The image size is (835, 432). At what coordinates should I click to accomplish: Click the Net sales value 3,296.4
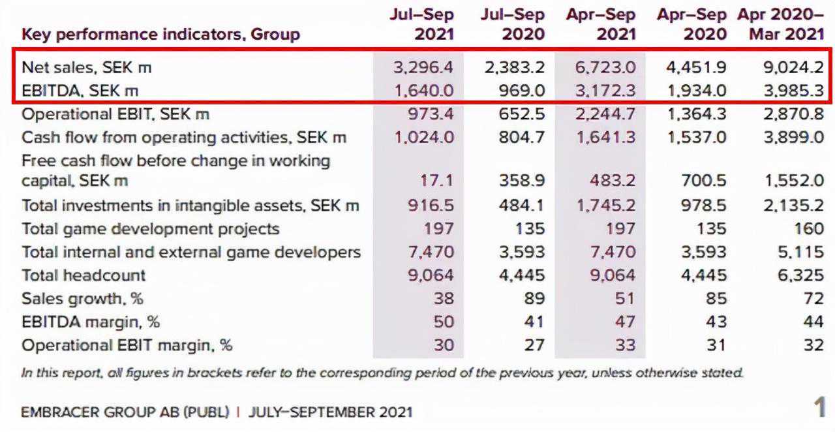[423, 67]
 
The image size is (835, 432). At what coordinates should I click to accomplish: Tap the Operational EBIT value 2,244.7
[605, 114]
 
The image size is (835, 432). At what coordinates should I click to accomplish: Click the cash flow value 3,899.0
[794, 138]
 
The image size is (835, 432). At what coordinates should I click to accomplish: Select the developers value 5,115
[800, 252]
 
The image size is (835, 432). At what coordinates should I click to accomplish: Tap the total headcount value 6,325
[800, 275]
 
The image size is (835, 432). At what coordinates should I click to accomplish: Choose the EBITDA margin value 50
[443, 322]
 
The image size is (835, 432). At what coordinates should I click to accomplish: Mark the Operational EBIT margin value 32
[813, 345]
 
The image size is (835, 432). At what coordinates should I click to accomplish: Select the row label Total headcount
[83, 275]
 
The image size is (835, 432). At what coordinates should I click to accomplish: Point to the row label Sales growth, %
[82, 298]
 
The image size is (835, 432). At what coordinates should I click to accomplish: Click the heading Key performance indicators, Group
[160, 34]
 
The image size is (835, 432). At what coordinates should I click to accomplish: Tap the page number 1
[819, 408]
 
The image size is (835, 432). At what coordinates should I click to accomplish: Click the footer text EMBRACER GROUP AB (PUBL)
[125, 412]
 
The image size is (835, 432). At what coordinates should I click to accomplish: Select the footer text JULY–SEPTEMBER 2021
[331, 412]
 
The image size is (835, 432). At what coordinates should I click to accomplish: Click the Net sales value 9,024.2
[793, 67]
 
